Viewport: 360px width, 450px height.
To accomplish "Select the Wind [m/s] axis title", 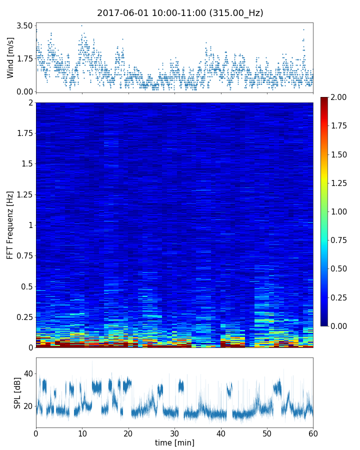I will click(10, 57).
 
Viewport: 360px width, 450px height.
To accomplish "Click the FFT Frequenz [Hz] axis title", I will click(10, 224).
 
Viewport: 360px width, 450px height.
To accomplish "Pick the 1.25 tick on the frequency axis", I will click(24, 194).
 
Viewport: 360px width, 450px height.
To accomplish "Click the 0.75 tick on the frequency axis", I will click(24, 255).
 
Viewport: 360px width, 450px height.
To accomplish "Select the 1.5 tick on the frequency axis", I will click(26, 164).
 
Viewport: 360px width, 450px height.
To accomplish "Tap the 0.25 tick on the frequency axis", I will click(24, 317).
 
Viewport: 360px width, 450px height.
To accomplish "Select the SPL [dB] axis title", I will click(17, 392).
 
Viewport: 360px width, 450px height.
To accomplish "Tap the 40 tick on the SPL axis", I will click(28, 373).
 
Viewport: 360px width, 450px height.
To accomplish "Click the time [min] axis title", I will click(174, 442).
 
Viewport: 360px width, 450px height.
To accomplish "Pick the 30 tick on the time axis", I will click(174, 432).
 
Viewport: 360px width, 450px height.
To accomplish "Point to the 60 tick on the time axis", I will click(313, 432).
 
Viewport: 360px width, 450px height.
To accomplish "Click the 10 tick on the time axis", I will click(82, 432).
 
